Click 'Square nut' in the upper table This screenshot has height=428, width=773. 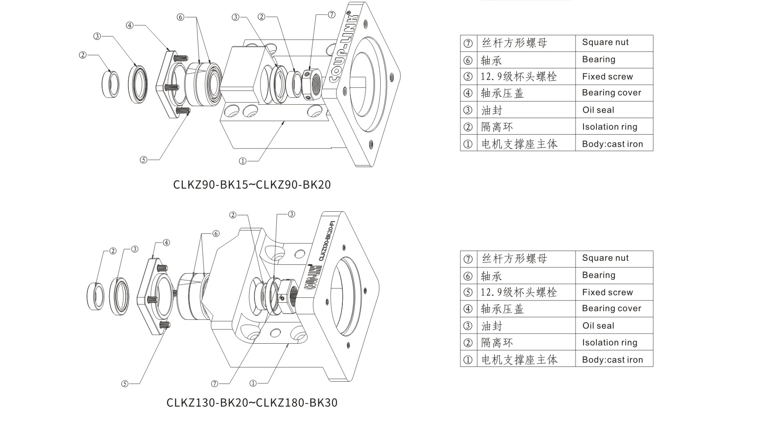pos(605,42)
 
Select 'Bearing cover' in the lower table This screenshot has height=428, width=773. pos(611,309)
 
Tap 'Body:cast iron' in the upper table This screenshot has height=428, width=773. pos(612,144)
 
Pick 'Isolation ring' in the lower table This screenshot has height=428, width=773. pos(609,343)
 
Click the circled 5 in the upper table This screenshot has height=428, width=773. pos(468,77)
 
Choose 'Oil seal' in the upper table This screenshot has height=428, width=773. pos(598,110)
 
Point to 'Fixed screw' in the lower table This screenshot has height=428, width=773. pos(607,292)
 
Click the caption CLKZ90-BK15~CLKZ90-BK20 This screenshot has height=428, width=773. pos(252,185)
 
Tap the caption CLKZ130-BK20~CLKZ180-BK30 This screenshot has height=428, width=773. pos(252,403)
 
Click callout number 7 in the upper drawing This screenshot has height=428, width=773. pos(331,15)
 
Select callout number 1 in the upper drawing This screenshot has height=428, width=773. pos(243,161)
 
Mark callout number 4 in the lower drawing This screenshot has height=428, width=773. pos(166,243)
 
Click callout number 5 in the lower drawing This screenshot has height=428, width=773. pos(125,383)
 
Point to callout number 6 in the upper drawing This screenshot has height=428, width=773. pos(180,17)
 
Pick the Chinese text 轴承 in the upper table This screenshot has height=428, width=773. pos(491,60)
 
